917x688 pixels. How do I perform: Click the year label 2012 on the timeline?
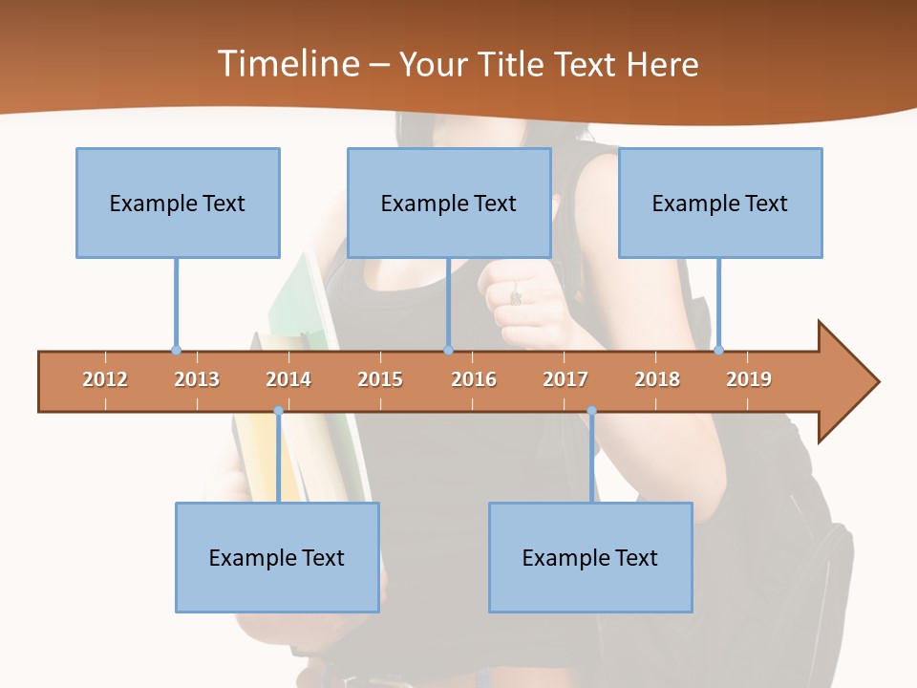(x=105, y=379)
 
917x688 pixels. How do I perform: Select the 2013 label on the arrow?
(x=197, y=379)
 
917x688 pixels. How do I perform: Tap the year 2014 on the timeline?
(x=288, y=379)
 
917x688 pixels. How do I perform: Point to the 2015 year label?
(x=380, y=379)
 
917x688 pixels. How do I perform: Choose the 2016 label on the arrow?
(x=474, y=379)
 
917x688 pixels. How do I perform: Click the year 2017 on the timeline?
(x=565, y=379)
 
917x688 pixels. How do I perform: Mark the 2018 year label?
(x=657, y=379)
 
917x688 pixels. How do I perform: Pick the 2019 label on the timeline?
(x=749, y=379)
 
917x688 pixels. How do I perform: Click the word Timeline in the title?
(x=287, y=64)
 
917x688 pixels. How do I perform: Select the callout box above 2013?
(x=178, y=203)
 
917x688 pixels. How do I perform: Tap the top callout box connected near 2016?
(x=449, y=203)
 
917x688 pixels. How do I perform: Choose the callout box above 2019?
(x=720, y=203)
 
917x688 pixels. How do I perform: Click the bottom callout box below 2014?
(x=277, y=557)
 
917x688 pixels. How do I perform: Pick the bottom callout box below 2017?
(x=590, y=557)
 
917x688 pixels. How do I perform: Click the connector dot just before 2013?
(x=176, y=351)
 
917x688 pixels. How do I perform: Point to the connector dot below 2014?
(x=278, y=411)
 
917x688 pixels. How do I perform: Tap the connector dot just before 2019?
(x=718, y=350)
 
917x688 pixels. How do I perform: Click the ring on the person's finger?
(x=516, y=297)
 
